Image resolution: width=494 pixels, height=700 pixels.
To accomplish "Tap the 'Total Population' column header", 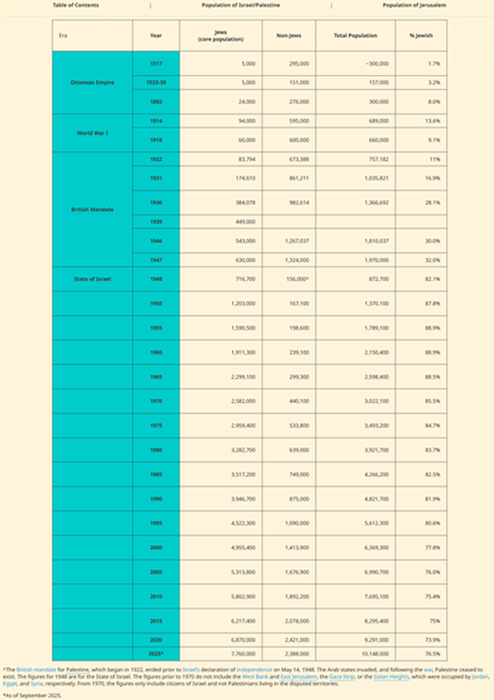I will pos(356,36).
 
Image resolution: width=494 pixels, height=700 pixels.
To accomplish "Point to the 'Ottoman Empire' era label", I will pos(92,82).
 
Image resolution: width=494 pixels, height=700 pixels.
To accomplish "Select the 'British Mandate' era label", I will pos(92,209).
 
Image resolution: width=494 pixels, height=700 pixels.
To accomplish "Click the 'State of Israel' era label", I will pos(92,279).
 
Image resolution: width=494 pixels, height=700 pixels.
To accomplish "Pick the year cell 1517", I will pos(156,63).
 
